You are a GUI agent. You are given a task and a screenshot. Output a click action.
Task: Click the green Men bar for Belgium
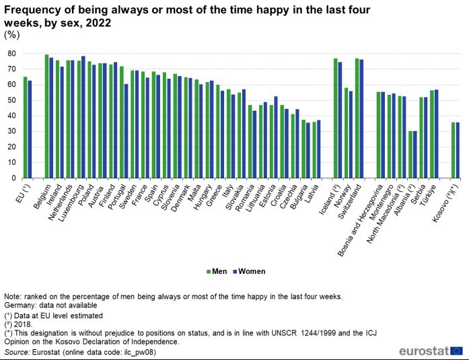(x=46, y=116)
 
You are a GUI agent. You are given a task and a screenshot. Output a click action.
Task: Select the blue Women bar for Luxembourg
(x=83, y=117)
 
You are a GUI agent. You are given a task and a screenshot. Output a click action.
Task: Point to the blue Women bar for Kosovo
(x=458, y=150)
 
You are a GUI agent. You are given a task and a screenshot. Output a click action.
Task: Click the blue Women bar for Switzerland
(x=361, y=118)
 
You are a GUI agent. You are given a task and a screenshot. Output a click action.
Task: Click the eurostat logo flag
(x=456, y=351)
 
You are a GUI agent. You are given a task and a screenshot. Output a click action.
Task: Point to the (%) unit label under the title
(x=11, y=34)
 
